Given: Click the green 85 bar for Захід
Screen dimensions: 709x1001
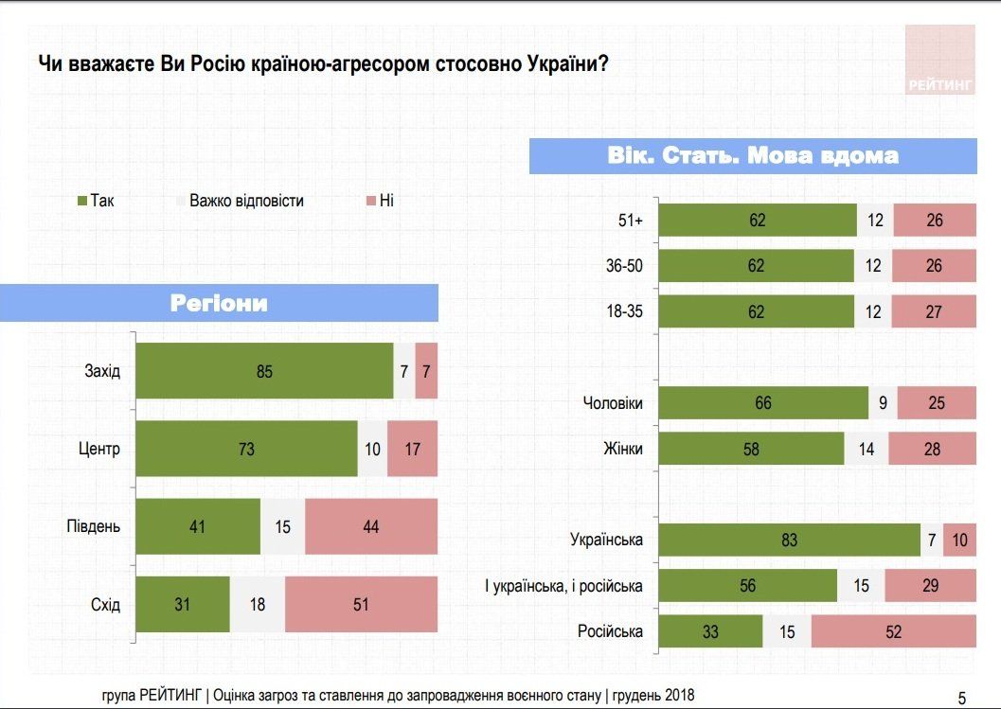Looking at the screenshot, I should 264,371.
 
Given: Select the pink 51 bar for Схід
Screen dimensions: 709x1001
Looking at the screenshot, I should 361,604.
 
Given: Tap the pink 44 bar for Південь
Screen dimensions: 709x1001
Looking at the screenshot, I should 370,526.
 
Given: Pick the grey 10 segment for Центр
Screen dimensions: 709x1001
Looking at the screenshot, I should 373,449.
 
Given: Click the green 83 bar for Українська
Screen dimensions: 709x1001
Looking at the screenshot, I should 789,540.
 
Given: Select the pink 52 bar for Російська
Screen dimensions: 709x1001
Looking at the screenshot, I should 893,631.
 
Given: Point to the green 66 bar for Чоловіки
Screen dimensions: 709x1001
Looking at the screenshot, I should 763,403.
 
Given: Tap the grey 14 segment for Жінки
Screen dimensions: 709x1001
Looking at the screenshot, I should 866,449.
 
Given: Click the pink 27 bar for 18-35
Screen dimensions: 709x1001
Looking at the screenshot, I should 934,311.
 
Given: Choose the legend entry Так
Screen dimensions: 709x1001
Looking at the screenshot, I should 95,201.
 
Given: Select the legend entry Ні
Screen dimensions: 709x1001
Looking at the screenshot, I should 379,201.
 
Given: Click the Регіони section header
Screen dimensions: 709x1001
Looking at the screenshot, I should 219,303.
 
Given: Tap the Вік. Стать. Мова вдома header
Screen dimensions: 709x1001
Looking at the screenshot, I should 753,155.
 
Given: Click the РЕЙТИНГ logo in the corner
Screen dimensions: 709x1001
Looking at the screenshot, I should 939,61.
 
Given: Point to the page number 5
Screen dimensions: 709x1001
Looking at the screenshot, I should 962,699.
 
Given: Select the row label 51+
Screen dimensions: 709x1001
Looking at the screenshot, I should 629,221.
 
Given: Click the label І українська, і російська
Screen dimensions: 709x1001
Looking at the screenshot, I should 563,586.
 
